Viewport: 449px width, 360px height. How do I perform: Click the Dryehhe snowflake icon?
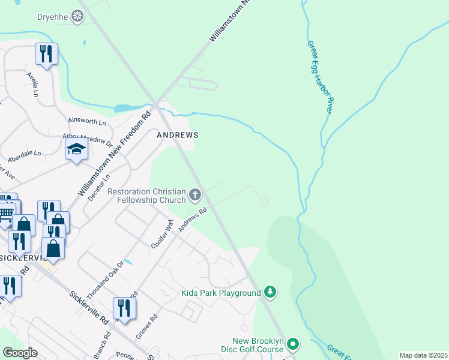77,16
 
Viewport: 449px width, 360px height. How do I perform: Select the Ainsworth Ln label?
87,122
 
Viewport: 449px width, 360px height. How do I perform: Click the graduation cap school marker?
77,149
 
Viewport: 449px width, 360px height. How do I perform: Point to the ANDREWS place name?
177,135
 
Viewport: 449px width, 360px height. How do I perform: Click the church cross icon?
194,194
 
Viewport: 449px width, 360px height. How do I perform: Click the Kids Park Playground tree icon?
271,292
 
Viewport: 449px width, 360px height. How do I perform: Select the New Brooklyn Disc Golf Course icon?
293,344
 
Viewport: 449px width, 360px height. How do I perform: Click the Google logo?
20,353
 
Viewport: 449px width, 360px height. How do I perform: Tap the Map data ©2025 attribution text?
423,355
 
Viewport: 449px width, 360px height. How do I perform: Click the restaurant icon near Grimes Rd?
124,308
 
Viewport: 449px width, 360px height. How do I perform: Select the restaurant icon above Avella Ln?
46,54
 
